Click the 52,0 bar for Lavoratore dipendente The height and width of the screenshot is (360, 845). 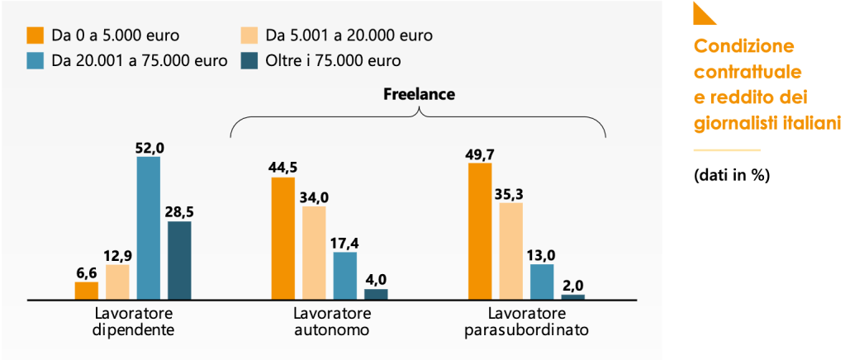click(x=149, y=227)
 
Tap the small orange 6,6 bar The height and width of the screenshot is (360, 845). click(x=87, y=290)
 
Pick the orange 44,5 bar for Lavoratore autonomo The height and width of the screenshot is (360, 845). click(x=283, y=238)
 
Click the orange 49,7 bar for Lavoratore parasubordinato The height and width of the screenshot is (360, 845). click(x=480, y=231)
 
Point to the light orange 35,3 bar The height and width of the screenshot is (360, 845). click(x=511, y=250)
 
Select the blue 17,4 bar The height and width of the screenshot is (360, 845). click(x=345, y=275)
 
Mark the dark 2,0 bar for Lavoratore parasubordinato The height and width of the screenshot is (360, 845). click(x=573, y=296)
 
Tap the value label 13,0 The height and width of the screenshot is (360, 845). click(x=542, y=254)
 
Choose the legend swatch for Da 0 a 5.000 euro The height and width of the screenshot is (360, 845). click(x=35, y=36)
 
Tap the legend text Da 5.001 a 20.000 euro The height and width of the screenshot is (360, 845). click(x=349, y=36)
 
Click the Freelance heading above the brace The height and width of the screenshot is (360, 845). click(x=419, y=94)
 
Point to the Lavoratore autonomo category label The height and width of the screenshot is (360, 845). click(x=332, y=322)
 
